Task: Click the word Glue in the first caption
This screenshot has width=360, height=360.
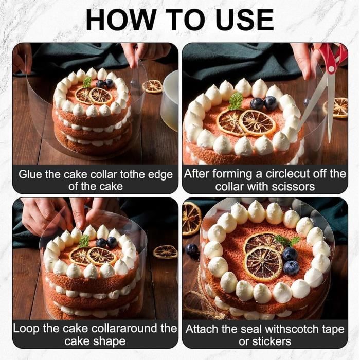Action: pyautogui.click(x=31, y=174)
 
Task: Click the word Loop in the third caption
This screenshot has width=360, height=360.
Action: pyautogui.click(x=26, y=329)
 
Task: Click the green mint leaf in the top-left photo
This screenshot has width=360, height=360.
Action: pyautogui.click(x=87, y=82)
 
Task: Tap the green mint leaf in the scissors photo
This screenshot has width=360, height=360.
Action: pyautogui.click(x=236, y=100)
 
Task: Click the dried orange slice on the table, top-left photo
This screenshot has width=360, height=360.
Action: pyautogui.click(x=152, y=86)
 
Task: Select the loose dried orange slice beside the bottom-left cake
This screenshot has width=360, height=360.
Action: pyautogui.click(x=165, y=251)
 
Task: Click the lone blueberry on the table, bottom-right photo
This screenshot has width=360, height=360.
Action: pyautogui.click(x=192, y=251)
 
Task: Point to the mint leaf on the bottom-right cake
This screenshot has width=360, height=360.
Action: pyautogui.click(x=287, y=240)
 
